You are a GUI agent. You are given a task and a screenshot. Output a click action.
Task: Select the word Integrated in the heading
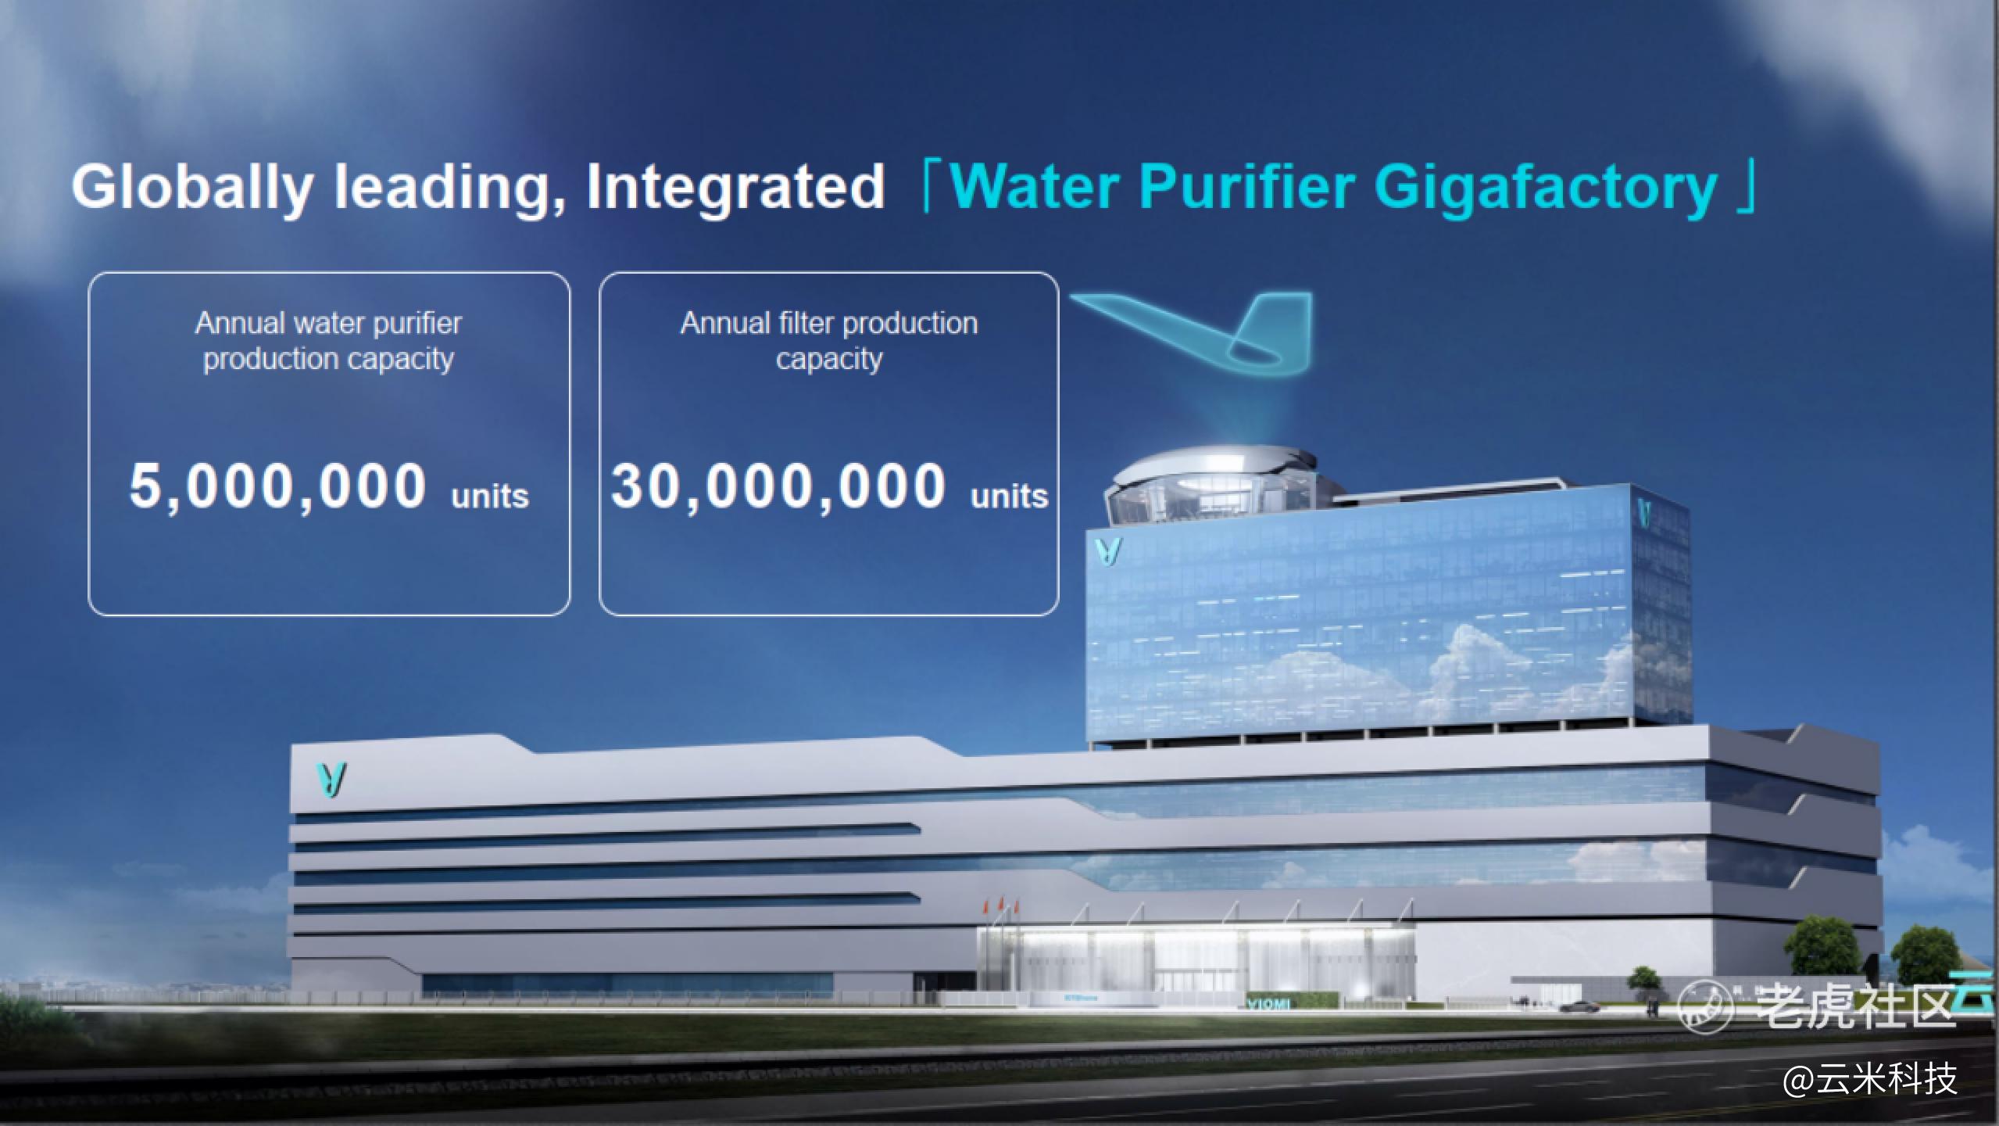pos(735,187)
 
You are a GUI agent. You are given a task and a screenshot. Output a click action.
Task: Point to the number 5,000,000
pos(277,486)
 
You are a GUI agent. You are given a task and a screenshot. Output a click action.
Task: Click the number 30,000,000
pos(778,486)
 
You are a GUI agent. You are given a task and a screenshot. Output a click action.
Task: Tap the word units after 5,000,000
pos(490,496)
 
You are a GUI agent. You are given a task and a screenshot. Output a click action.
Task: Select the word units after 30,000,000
pos(1009,496)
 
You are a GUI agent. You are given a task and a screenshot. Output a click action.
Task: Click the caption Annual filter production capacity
pos(829,341)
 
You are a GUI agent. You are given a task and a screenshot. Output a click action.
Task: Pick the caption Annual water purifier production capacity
pos(328,341)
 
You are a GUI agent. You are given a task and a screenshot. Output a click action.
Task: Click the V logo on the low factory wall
pos(331,780)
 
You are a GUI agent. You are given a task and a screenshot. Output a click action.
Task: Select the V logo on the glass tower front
pos(1108,550)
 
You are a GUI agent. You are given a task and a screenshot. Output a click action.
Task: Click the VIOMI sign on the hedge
pos(1268,1003)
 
